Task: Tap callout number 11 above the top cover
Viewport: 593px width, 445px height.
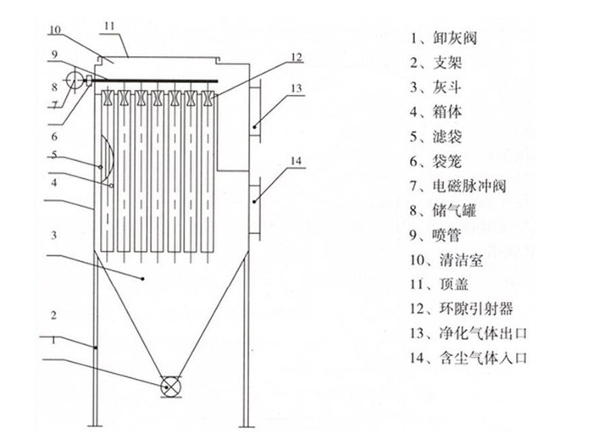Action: [108, 26]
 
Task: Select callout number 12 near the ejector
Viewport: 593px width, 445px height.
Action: [295, 58]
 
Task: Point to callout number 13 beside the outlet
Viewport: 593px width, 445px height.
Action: [295, 87]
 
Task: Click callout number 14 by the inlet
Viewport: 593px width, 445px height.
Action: [295, 160]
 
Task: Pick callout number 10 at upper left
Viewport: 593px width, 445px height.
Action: [53, 29]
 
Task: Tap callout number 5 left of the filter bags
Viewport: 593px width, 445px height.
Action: [53, 155]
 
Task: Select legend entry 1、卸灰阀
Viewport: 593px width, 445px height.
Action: [446, 38]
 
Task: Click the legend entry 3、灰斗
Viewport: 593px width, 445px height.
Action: [440, 87]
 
